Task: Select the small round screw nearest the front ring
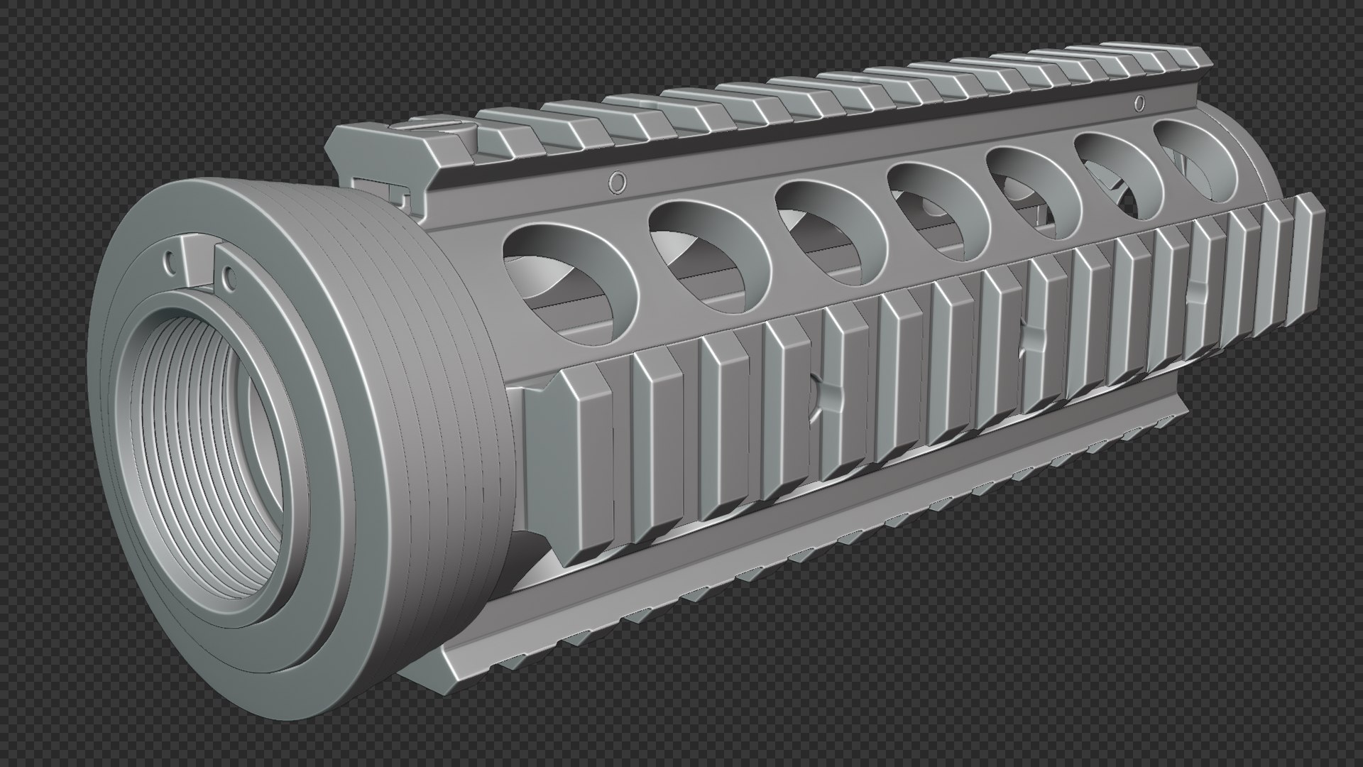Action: (618, 183)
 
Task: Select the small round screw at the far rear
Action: (1140, 104)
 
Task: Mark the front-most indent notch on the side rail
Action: (826, 398)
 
